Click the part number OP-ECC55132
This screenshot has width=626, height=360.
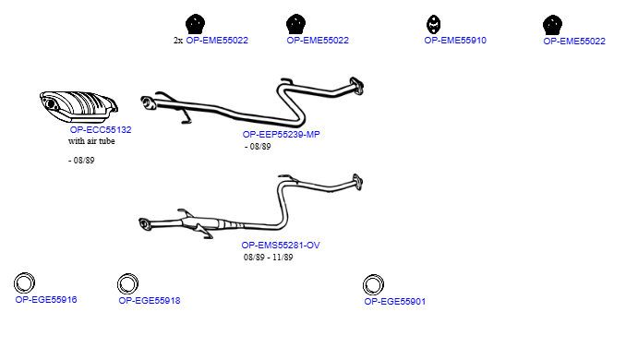[x=101, y=130]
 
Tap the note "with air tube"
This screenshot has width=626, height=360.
[x=91, y=141]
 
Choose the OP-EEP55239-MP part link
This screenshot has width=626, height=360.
[x=281, y=135]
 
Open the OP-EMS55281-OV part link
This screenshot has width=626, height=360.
[x=281, y=245]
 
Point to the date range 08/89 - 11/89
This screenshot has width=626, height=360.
[x=269, y=258]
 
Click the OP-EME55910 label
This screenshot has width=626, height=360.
[x=455, y=41]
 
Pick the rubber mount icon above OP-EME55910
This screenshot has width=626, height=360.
[x=434, y=24]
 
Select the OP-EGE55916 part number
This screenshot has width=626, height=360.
[x=46, y=300]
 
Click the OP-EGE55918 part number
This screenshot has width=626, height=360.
[x=150, y=301]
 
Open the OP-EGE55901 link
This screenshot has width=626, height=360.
[x=395, y=302]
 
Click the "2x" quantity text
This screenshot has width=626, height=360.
[x=178, y=41]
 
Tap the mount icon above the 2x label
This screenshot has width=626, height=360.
[x=195, y=24]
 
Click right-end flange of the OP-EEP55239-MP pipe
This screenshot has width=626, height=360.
[x=356, y=86]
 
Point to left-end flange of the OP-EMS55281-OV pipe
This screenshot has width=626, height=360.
[x=145, y=224]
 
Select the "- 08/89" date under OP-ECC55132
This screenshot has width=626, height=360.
[x=81, y=161]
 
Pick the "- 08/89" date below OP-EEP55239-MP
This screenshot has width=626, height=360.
[x=258, y=147]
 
